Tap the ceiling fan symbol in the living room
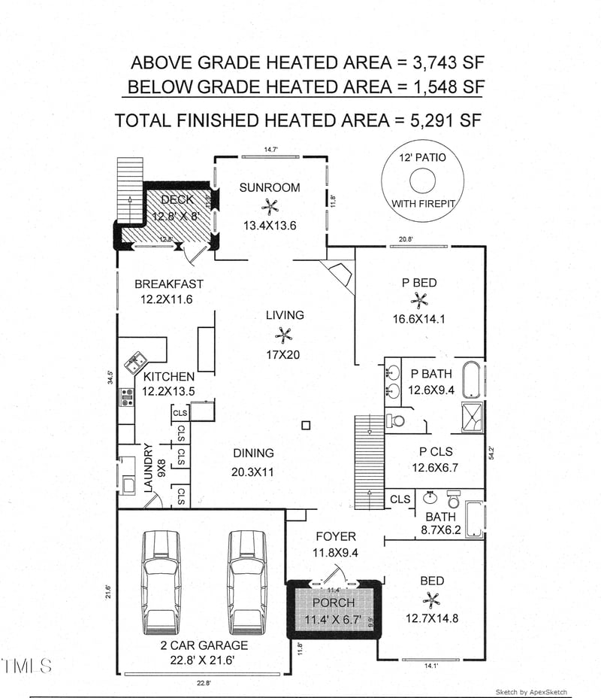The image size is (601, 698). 283,335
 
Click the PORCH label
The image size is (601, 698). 333,603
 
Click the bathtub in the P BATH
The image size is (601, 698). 471,381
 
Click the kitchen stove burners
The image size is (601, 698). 125,396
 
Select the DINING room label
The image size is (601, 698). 253,454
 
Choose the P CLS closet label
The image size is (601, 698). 434,451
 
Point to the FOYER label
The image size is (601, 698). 335,537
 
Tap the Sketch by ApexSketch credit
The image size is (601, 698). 531,692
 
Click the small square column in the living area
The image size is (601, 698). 305,426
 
